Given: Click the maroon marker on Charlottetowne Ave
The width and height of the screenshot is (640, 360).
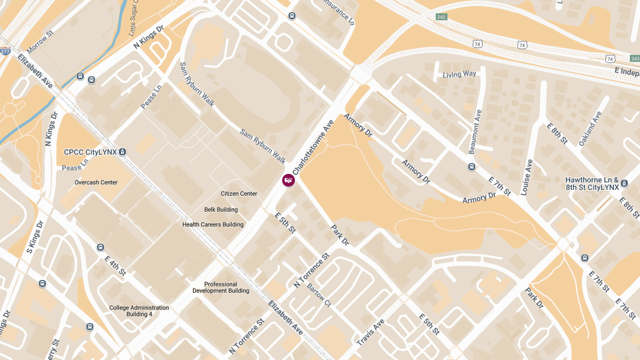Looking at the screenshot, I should point(288,180).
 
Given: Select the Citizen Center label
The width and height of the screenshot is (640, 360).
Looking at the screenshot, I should point(239,194).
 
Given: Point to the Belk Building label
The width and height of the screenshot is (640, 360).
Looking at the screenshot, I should point(221,210).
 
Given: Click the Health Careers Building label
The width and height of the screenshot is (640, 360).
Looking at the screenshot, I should point(213,225).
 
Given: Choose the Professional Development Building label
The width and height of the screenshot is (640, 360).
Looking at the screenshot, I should point(221,287).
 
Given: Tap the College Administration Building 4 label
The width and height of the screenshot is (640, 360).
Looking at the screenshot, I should point(139,311).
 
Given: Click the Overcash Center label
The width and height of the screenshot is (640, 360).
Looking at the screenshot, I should point(96,182).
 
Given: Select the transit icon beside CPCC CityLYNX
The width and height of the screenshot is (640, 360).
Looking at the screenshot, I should point(123,152).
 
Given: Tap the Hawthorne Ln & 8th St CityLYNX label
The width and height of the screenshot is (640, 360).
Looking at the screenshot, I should point(592,183).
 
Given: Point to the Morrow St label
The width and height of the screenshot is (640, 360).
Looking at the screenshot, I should point(41,41).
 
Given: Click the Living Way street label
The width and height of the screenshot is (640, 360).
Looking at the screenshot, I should point(459,75).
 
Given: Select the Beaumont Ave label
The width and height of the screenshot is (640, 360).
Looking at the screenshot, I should point(475,132).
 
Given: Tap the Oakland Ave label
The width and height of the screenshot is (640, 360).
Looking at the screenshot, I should point(590,129).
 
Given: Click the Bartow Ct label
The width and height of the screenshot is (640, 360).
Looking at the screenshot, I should point(319,294).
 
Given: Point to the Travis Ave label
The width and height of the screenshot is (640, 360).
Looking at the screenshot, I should point(370,332).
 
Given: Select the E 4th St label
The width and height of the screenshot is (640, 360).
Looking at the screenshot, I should point(115,265).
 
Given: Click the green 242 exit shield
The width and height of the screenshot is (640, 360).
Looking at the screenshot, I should point(441,17).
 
